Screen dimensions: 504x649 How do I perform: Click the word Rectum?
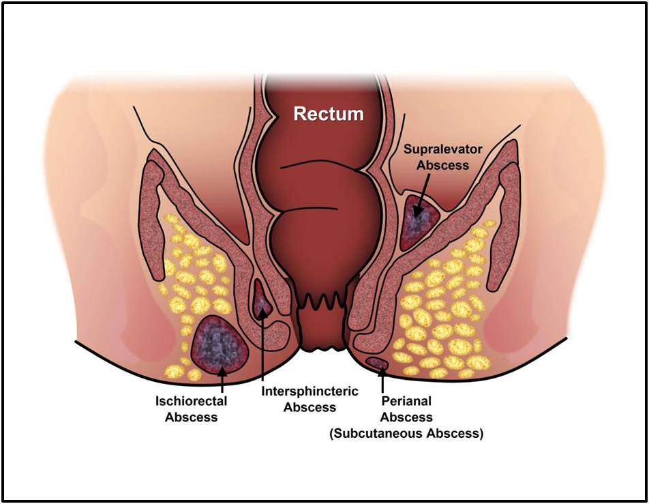(329, 114)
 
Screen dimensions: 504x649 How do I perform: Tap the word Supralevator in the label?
(436, 148)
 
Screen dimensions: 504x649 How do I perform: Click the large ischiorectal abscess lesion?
(219, 344)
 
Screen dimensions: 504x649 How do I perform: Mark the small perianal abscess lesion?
(377, 361)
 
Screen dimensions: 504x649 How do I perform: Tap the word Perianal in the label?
(406, 402)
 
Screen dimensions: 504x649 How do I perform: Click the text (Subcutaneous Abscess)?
(406, 433)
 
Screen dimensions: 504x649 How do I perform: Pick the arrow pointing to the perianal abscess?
(382, 379)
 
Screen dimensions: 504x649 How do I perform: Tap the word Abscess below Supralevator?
(436, 164)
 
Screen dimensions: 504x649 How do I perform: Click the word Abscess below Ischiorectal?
(191, 417)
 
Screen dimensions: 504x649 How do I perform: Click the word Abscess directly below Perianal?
(406, 417)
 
